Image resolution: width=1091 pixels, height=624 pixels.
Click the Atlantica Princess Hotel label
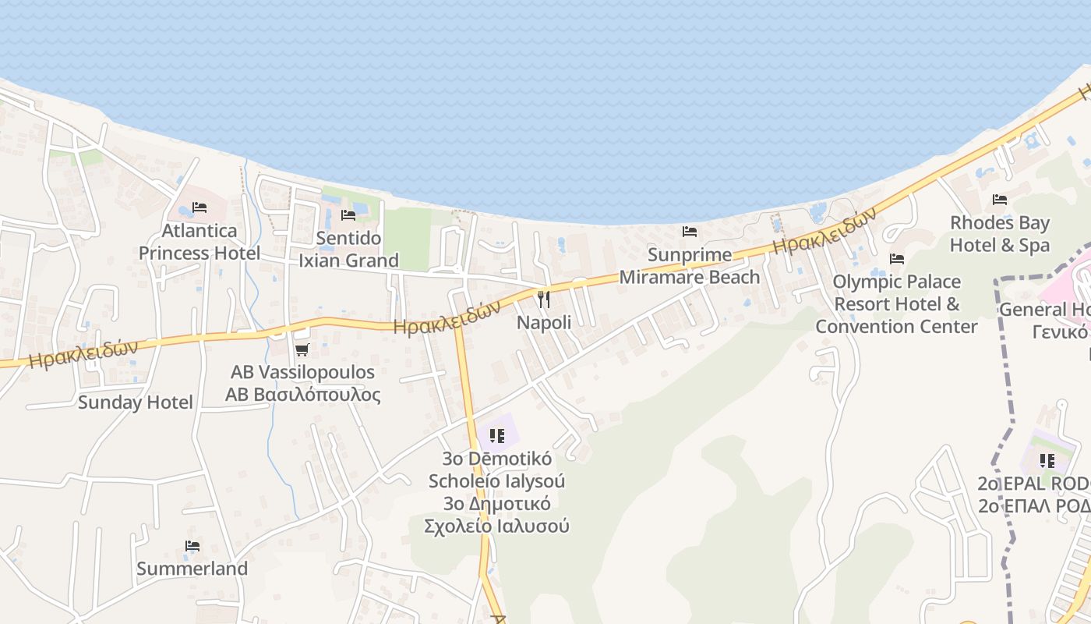coord(199,242)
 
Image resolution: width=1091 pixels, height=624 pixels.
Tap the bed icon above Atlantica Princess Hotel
coord(199,207)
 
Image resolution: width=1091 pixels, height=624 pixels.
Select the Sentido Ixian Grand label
coord(348,249)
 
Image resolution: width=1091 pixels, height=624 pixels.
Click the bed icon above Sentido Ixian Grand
coord(348,214)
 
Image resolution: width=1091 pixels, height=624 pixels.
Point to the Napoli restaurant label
coord(544,322)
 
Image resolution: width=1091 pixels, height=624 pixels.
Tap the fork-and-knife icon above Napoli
coord(544,299)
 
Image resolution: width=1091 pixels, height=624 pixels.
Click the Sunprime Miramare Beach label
coord(689,266)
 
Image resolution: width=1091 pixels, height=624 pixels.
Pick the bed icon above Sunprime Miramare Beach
coord(689,232)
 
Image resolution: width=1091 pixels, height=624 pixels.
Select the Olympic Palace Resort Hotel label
coord(896,303)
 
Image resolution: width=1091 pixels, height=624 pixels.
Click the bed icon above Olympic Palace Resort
coord(897,258)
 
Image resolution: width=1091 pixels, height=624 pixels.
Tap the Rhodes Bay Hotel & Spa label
coord(1000,234)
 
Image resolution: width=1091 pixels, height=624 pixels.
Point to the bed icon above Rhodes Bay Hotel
coord(1000,200)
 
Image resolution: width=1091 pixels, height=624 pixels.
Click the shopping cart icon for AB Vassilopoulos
coord(302,349)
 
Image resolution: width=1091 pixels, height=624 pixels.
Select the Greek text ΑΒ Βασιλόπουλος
coord(303,395)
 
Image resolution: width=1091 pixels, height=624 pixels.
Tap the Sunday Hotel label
coord(136,402)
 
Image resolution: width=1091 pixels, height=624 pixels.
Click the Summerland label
coord(192,569)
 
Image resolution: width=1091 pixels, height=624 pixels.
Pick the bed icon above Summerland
coord(192,546)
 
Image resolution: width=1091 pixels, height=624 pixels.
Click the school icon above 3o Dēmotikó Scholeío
coord(496,435)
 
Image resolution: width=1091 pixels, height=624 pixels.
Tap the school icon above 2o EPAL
coord(1047,461)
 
